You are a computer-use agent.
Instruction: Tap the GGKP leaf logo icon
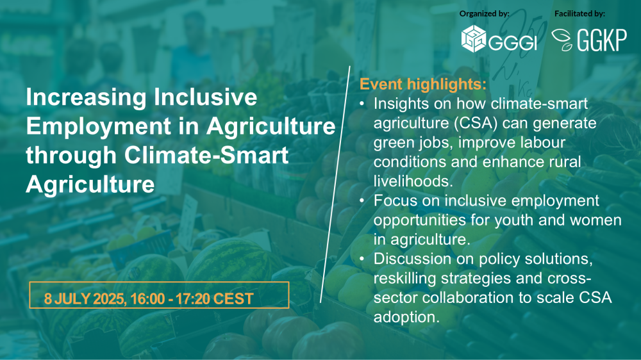[x=563, y=40]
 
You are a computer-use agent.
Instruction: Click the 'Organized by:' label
[x=485, y=13]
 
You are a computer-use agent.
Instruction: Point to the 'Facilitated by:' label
[x=579, y=13]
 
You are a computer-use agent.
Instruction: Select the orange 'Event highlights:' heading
[x=423, y=85]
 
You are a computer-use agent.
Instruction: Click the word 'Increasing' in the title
[x=82, y=98]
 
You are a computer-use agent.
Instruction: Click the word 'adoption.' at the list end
[x=407, y=317]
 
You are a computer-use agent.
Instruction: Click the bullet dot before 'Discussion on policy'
[x=363, y=260]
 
